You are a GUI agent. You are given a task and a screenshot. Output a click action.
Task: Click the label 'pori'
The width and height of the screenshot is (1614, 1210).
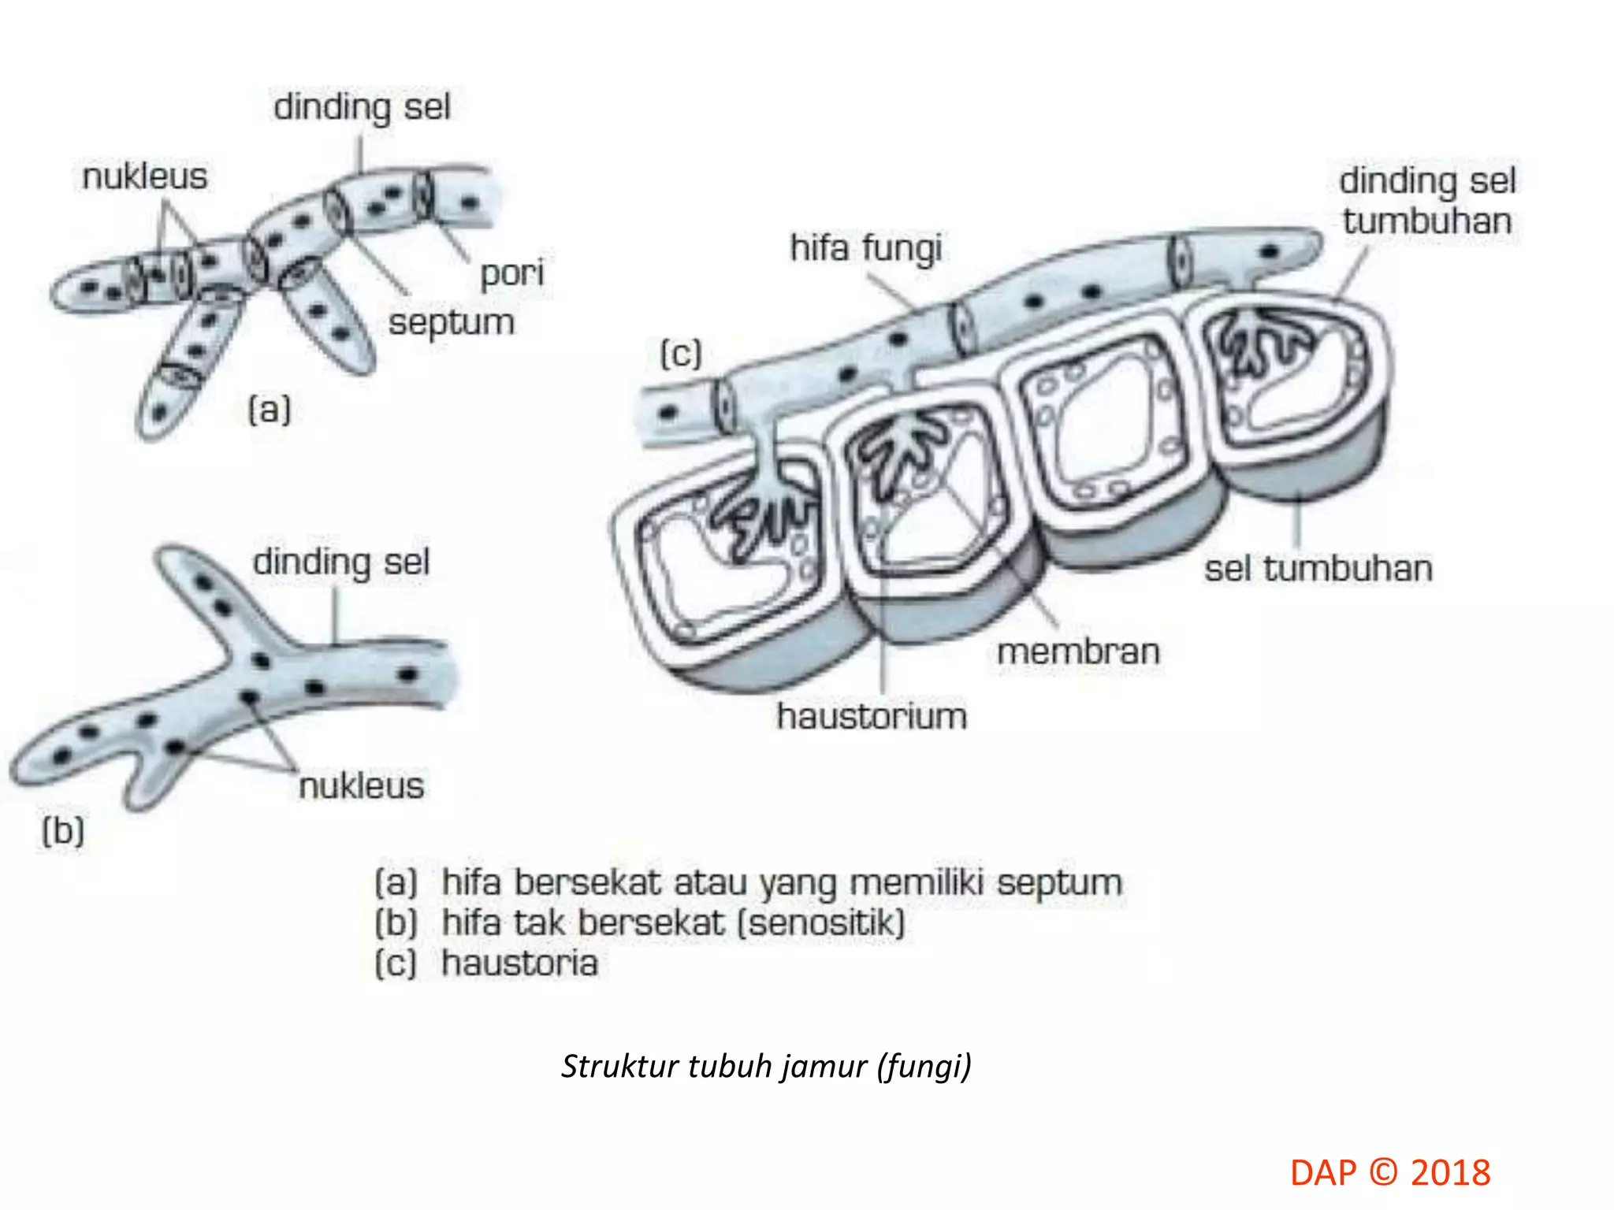click(511, 274)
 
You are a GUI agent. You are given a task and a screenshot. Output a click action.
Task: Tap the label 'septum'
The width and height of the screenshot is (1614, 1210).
click(451, 323)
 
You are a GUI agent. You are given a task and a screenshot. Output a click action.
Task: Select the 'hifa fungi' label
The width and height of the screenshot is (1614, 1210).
click(865, 249)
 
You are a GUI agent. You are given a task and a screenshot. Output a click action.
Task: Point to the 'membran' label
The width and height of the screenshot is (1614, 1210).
click(1078, 652)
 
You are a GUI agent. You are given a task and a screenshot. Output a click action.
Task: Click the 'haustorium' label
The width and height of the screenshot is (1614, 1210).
click(872, 717)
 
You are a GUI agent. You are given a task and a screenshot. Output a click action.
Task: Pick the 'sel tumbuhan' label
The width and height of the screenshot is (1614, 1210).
click(1318, 569)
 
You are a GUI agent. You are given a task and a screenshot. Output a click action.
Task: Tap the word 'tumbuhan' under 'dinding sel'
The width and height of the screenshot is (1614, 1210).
click(1427, 221)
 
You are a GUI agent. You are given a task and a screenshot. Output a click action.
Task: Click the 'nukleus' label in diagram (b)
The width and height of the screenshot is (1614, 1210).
click(361, 786)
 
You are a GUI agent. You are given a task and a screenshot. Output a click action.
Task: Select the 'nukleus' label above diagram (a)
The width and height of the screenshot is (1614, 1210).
click(145, 176)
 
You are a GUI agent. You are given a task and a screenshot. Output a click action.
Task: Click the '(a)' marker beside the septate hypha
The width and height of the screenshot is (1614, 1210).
click(270, 410)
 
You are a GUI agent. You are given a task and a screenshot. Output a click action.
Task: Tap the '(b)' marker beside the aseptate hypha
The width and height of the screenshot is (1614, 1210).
click(63, 831)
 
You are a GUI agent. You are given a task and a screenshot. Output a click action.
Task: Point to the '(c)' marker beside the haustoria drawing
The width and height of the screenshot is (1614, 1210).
click(680, 354)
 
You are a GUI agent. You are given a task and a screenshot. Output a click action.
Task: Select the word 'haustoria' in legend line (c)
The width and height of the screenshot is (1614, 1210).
click(519, 963)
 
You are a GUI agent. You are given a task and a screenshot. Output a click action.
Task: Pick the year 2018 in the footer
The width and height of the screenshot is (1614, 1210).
click(1450, 1173)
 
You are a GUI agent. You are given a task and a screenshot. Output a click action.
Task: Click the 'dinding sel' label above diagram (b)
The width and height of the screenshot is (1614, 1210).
click(341, 563)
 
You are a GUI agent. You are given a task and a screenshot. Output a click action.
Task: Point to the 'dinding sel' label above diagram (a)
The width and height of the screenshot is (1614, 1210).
click(362, 107)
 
